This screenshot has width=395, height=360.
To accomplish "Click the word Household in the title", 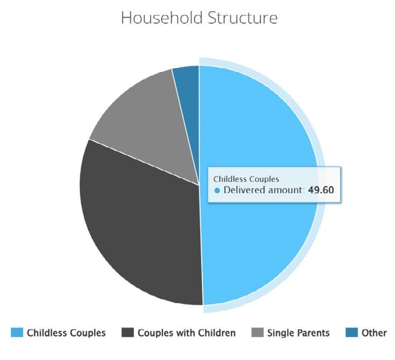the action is click(x=162, y=18).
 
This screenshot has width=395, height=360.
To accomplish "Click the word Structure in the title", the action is click(x=243, y=18).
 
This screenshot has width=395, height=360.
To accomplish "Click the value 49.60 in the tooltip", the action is click(x=321, y=190).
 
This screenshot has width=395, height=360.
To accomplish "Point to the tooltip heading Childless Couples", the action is click(x=246, y=179).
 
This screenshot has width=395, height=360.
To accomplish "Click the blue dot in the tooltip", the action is click(x=217, y=190).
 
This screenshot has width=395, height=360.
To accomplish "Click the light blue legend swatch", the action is click(x=17, y=332).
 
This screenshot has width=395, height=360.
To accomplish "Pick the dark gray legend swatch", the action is click(x=128, y=332).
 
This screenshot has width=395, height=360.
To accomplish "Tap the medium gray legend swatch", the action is click(x=258, y=332).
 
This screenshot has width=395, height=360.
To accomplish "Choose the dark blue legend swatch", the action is click(x=352, y=332).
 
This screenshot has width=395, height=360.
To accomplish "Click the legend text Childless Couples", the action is click(x=66, y=333).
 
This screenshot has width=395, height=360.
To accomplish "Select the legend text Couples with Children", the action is click(x=187, y=333).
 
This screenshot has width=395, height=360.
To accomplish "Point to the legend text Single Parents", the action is click(x=298, y=333).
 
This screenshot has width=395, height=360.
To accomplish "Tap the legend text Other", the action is click(x=374, y=333).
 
